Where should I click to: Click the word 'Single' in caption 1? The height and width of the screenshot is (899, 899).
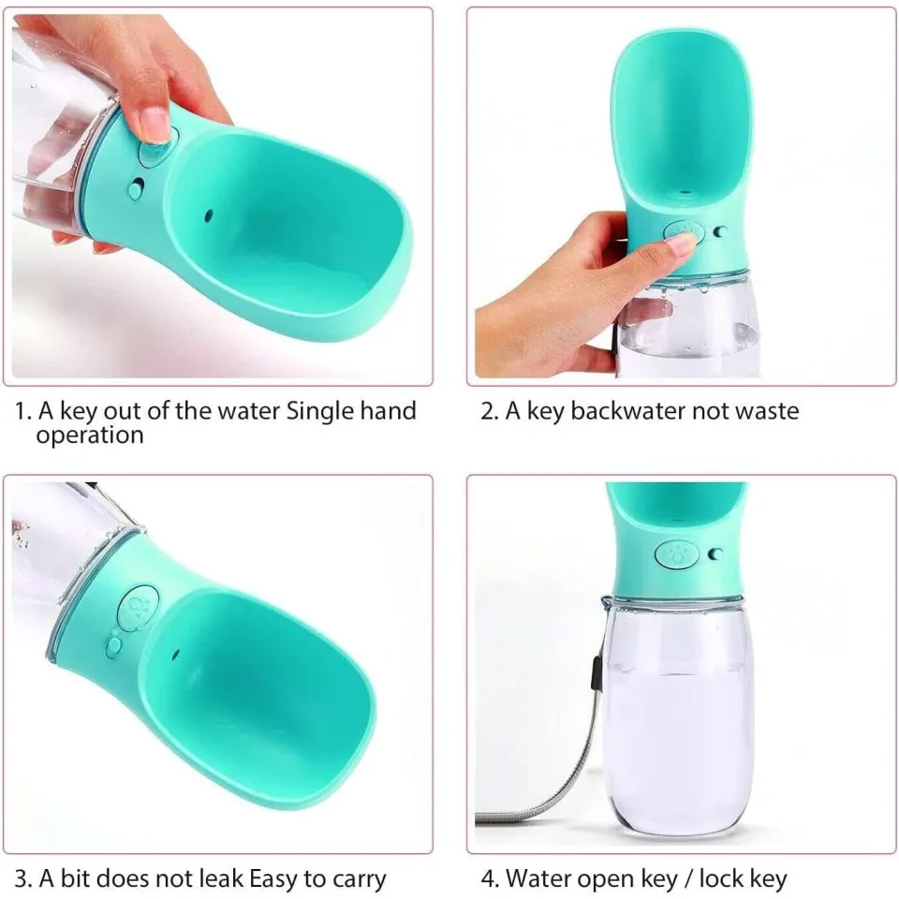(x=319, y=412)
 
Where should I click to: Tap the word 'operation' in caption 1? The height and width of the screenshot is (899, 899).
(x=90, y=436)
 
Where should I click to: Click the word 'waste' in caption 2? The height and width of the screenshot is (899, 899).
(x=767, y=412)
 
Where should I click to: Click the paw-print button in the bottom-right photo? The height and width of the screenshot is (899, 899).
(x=676, y=554)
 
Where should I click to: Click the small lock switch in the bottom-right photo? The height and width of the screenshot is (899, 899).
(x=716, y=553)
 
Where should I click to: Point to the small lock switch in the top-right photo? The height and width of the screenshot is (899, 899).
(x=721, y=231)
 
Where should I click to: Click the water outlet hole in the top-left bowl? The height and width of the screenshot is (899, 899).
(x=208, y=216)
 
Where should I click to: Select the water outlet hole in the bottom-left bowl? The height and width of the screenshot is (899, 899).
(x=175, y=653)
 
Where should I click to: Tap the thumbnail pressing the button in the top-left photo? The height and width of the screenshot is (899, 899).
(x=155, y=124)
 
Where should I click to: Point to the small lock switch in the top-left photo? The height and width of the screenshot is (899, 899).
(x=137, y=188)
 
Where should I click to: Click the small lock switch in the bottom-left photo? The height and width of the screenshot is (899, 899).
(x=113, y=645)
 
